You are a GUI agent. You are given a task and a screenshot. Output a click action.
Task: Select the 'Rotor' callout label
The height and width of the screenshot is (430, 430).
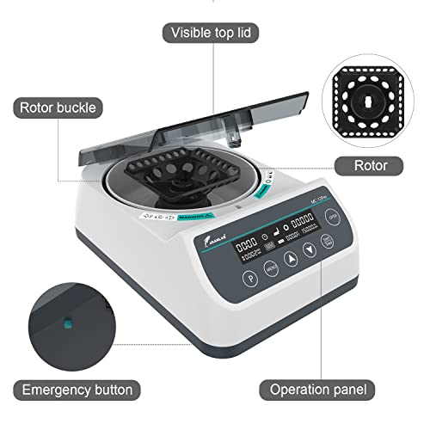(x=371, y=165)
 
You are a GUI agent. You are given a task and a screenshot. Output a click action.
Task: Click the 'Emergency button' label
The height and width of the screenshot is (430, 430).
(x=77, y=390)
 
